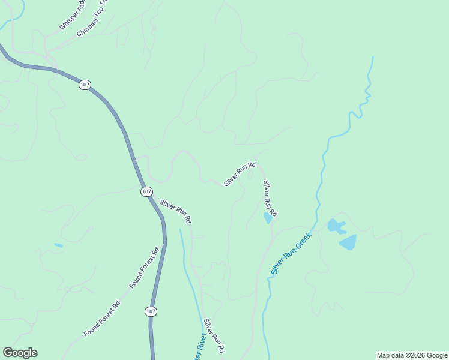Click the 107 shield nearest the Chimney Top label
85,85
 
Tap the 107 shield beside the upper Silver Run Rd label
147,191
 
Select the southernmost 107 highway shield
151,311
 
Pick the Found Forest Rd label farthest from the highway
102,318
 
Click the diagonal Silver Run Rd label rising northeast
240,174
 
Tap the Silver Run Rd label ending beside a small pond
270,199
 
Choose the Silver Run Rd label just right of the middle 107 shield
175,212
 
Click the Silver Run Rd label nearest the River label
214,335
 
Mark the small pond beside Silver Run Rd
268,218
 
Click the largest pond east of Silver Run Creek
348,242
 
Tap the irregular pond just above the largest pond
336,226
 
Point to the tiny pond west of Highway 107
58,245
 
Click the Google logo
20,353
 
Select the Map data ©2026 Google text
412,355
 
